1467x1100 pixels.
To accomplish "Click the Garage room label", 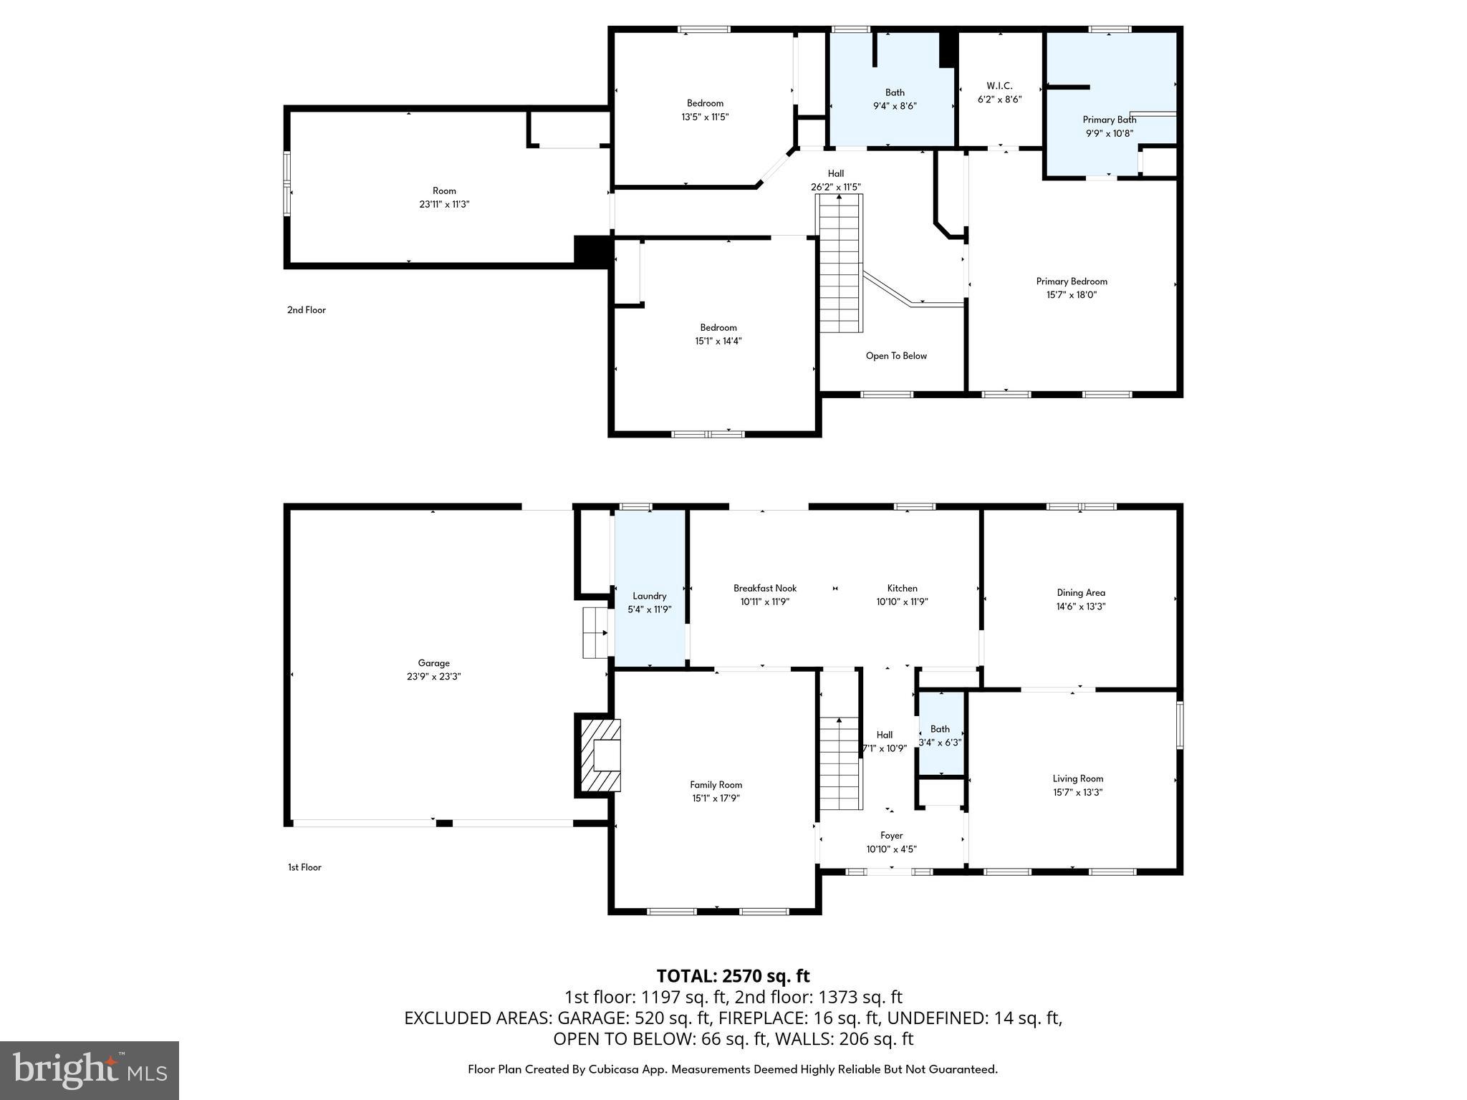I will [x=433, y=663].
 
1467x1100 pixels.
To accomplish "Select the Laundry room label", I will [x=649, y=596].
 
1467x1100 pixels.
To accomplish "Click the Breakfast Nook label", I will [x=764, y=588].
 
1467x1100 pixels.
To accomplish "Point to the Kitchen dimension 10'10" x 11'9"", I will [x=902, y=602].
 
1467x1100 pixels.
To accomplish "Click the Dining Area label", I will [x=1080, y=592].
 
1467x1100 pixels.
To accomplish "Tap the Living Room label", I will [x=1077, y=778].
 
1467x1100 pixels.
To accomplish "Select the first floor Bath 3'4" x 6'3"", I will [x=940, y=735].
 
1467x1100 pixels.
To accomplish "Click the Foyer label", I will [x=891, y=835].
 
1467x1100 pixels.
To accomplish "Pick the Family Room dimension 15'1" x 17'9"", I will [x=716, y=799].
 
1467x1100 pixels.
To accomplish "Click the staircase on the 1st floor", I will [x=840, y=763].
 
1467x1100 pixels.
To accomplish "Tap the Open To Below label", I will [x=895, y=356].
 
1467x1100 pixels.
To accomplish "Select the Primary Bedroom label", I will [x=1071, y=281].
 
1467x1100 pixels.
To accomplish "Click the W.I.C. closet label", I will [x=999, y=86].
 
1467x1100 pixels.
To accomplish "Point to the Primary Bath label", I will [x=1109, y=120].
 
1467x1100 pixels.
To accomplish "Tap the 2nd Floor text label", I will [x=307, y=310].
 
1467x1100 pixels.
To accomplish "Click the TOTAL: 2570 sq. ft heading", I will [x=733, y=976].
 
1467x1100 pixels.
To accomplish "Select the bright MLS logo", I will [x=90, y=1070].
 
